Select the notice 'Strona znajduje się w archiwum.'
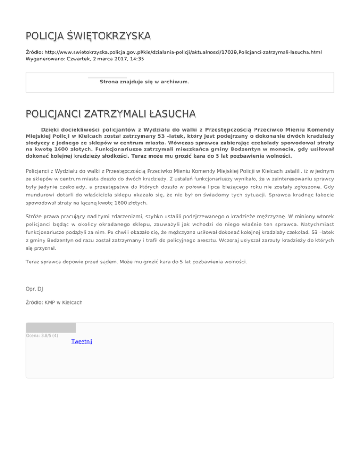144,82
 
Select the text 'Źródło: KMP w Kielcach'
54,303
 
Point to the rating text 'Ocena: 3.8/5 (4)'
42,335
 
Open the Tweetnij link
82,341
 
